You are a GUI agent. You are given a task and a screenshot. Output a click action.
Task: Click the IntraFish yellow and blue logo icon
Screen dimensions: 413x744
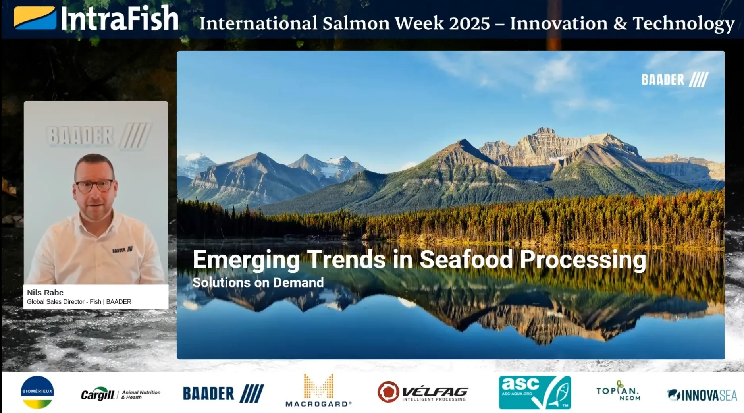coord(35,18)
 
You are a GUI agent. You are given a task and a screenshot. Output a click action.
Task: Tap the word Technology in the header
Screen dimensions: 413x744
coord(683,23)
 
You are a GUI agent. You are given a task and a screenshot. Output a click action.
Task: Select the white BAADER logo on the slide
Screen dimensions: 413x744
coord(675,79)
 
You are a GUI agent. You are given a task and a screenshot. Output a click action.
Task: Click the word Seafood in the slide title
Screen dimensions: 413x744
coord(466,260)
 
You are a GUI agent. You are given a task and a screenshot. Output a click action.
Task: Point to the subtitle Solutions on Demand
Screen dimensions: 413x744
coord(258,282)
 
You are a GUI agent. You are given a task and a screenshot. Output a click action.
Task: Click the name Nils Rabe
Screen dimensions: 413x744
coord(45,293)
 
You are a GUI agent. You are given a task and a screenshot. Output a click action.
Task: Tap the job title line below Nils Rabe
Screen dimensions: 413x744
coord(79,302)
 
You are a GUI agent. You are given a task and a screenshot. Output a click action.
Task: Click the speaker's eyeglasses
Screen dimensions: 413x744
coord(94,185)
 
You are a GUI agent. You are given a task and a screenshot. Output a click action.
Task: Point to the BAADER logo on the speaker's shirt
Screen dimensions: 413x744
coord(122,250)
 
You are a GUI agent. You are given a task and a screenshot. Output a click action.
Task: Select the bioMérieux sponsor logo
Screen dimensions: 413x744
coord(37,392)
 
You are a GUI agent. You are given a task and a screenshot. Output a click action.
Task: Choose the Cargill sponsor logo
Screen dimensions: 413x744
coord(120,394)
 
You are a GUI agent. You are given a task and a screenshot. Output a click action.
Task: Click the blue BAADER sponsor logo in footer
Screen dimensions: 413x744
coord(223,394)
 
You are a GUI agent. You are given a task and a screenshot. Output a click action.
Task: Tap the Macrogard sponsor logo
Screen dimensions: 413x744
coord(318,391)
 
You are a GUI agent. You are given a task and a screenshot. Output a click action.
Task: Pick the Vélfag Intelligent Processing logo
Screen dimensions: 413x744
coord(423,392)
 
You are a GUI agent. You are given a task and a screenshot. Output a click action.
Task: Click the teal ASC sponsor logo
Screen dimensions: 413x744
coord(535,392)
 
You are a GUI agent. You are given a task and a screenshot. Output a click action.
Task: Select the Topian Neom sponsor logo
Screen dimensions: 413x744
coord(618,391)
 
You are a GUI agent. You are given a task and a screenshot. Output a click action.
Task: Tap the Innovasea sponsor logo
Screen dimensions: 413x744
coord(702,395)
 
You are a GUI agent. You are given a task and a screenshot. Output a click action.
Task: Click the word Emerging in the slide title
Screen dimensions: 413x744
coord(246,260)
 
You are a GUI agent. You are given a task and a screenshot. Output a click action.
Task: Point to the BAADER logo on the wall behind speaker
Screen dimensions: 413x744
coord(98,135)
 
